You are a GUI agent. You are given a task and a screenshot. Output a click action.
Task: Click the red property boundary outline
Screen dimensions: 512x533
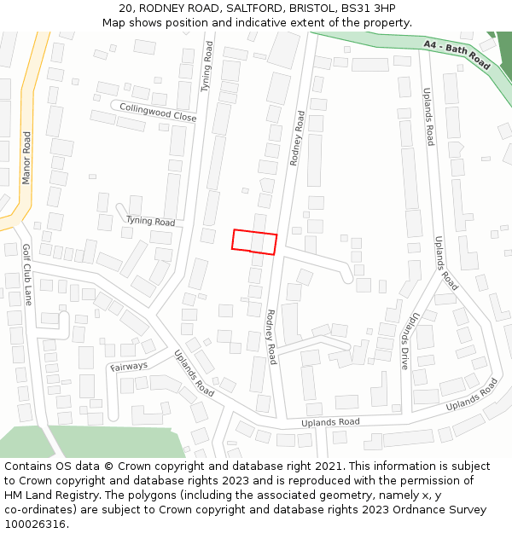pyautogui.click(x=254, y=241)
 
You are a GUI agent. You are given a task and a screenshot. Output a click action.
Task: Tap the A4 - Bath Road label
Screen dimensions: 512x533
pyautogui.click(x=457, y=52)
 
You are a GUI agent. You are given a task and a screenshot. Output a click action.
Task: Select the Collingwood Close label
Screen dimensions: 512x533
pyautogui.click(x=158, y=112)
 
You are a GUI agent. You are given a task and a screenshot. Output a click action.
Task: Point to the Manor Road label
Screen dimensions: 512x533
pyautogui.click(x=26, y=158)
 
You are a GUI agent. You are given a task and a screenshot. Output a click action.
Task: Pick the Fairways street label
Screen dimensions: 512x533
pyautogui.click(x=128, y=367)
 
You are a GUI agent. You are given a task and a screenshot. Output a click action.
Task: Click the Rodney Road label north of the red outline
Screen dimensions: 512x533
pyautogui.click(x=297, y=137)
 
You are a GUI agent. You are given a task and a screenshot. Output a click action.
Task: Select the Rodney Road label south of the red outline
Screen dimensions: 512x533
pyautogui.click(x=271, y=337)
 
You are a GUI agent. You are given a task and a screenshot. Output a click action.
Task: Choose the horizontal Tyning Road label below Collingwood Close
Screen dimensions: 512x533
pyautogui.click(x=150, y=221)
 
